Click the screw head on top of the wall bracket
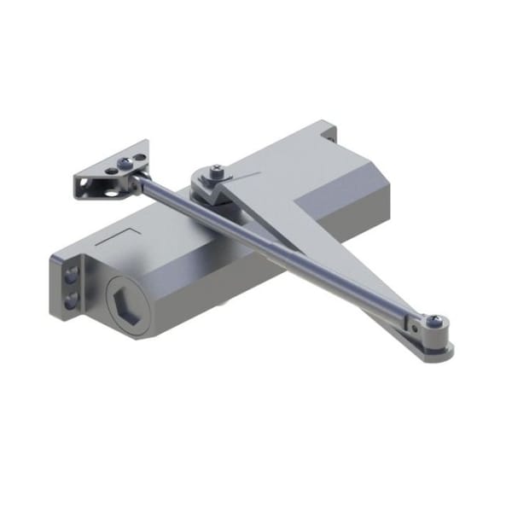point(120,162)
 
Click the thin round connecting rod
point(282,247)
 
